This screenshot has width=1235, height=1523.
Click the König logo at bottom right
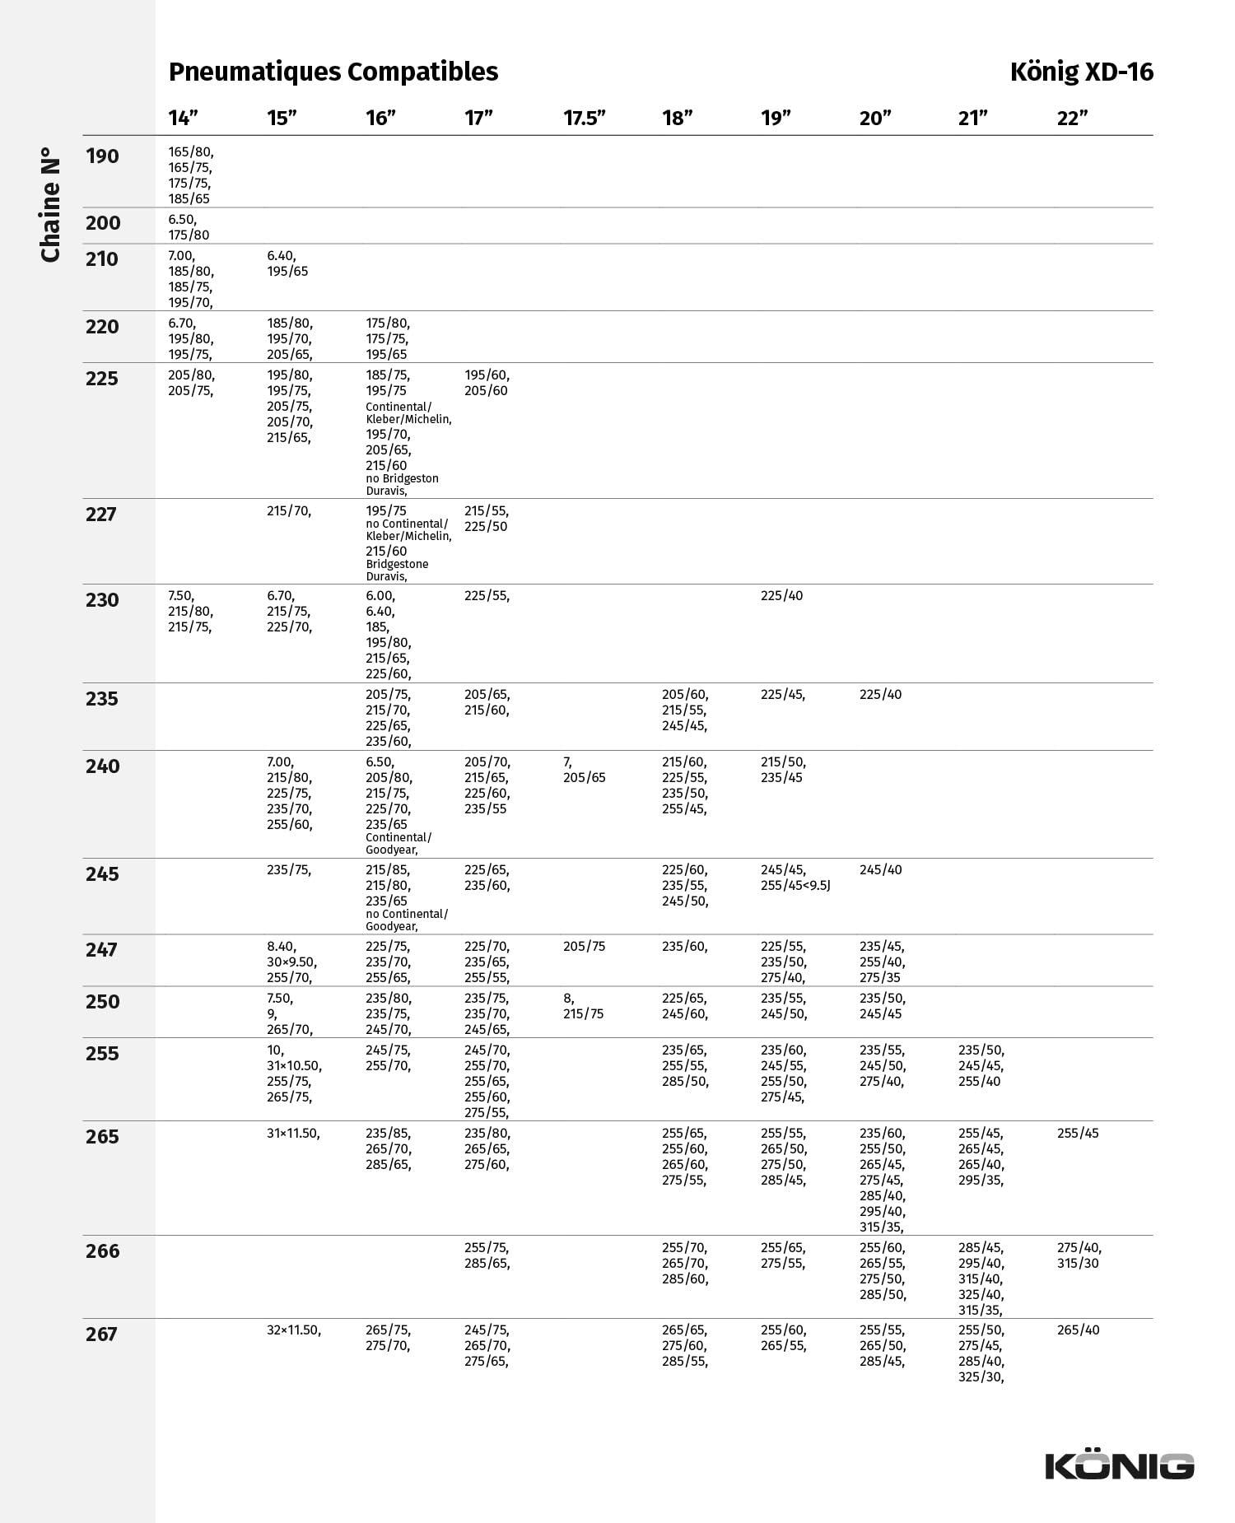pos(1120,1465)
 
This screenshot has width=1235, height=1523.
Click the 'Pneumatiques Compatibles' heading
pos(333,72)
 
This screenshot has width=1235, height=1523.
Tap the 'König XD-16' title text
pos(1082,72)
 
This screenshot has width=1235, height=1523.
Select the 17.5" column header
pos(585,118)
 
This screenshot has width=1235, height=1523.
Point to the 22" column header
pos(1072,118)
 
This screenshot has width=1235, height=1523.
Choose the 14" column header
pos(184,118)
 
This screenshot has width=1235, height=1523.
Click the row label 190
pos(102,156)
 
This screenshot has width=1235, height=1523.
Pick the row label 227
pos(101,515)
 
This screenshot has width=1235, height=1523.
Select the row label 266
pos(102,1251)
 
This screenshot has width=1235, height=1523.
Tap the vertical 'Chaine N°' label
pos(50,205)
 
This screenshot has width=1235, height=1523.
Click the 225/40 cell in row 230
pos(781,596)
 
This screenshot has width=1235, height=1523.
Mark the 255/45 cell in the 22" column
pos(1078,1134)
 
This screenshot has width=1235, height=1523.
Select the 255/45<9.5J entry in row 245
pos(795,886)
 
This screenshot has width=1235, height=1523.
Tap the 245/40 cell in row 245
pos(880,870)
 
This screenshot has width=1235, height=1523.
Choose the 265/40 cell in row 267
pos(1078,1330)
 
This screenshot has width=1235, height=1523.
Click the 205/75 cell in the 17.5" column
pos(584,947)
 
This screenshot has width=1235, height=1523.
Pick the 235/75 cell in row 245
pos(289,870)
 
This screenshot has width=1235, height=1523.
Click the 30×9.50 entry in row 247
pos(291,962)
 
